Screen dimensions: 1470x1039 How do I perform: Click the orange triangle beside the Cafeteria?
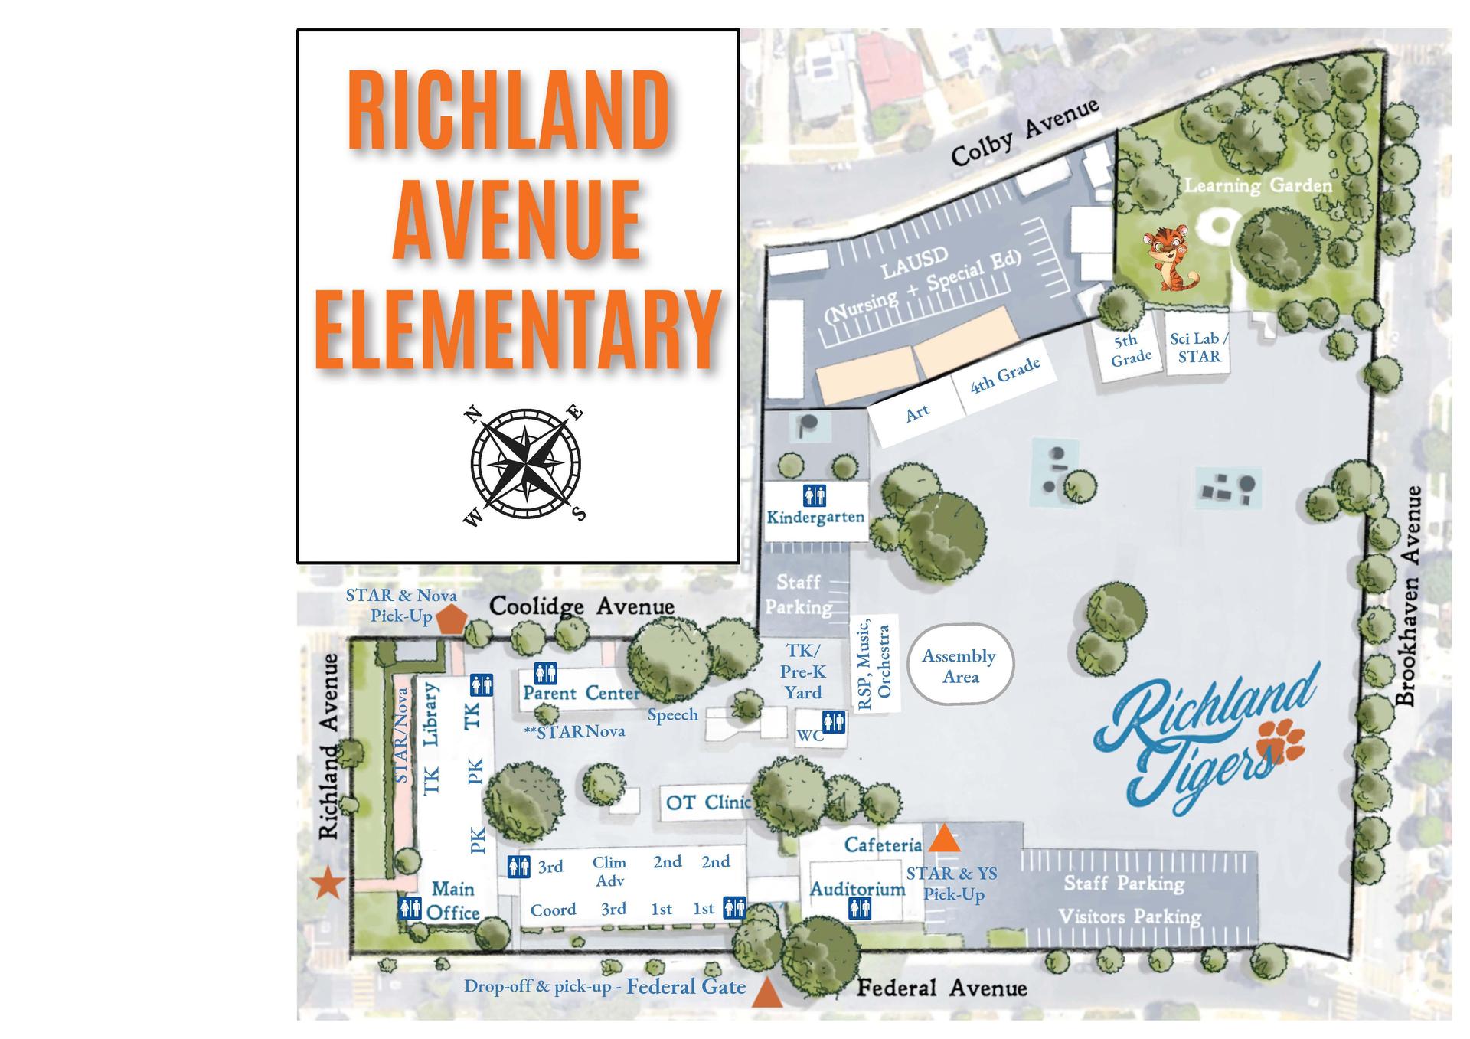click(945, 839)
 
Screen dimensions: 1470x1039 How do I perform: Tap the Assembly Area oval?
click(960, 665)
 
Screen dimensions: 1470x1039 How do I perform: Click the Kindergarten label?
click(815, 518)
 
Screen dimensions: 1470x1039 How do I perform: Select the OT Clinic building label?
click(707, 802)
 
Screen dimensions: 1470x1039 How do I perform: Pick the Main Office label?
click(453, 900)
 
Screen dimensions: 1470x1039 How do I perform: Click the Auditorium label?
click(857, 889)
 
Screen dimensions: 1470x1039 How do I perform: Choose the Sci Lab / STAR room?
click(1198, 348)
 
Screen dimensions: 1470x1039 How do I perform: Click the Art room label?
click(917, 413)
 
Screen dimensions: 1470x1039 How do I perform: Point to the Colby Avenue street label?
click(1024, 132)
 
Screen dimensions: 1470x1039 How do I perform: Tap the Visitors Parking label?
click(1129, 916)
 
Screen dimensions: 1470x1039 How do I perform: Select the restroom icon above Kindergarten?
click(814, 495)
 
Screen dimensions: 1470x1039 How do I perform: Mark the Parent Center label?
click(581, 693)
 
